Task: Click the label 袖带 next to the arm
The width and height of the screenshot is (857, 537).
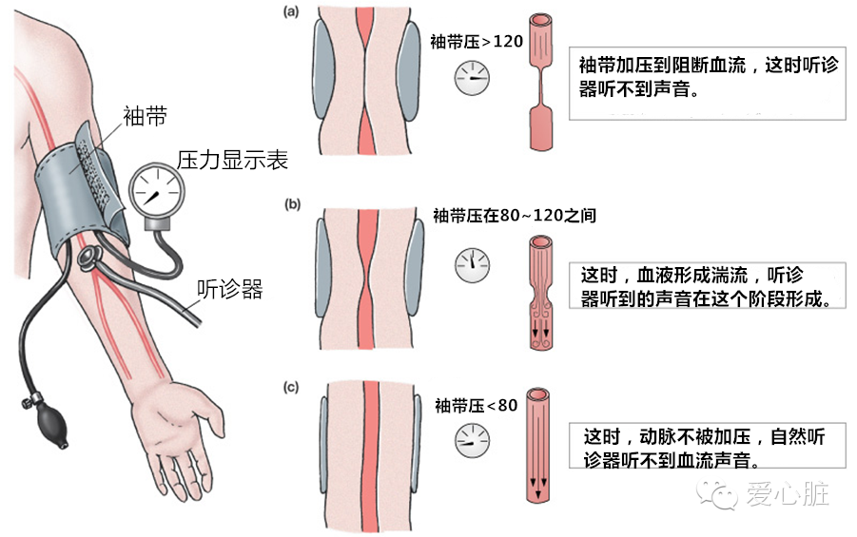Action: point(145,116)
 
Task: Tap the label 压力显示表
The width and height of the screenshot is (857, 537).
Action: point(232,159)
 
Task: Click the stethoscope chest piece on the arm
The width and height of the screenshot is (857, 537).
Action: point(90,254)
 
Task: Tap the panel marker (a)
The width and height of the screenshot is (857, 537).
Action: point(292,12)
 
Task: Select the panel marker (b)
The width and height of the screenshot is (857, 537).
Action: point(292,203)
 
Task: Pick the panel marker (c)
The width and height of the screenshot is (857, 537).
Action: point(292,387)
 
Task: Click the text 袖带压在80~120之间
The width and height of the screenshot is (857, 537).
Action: point(515,215)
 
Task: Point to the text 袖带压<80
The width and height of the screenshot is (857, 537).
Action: point(476,405)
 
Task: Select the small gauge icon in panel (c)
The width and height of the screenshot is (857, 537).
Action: point(470,438)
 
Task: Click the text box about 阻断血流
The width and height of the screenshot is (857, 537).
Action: point(707,81)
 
